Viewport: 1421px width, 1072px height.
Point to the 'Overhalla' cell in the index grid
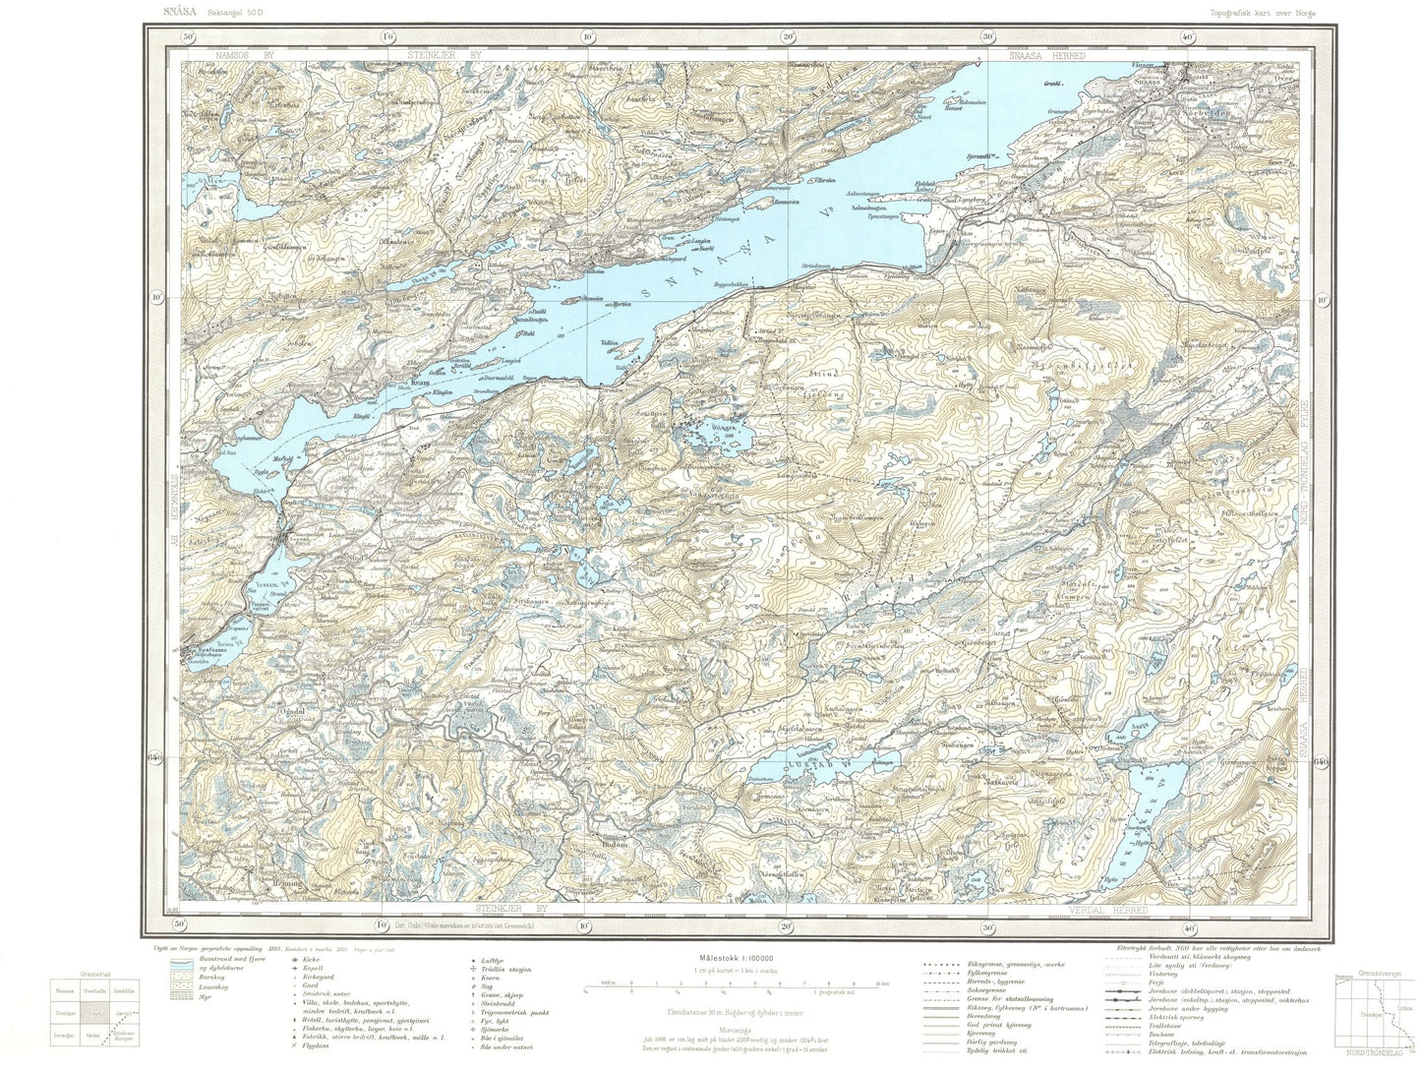[95, 992]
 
